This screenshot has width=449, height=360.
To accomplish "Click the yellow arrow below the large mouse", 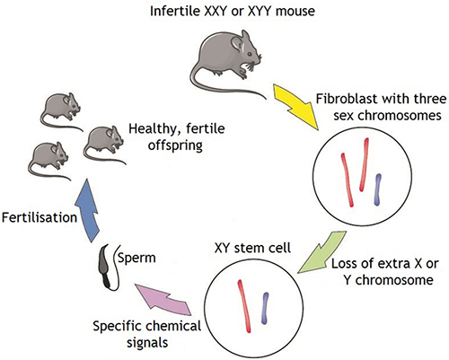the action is click(295, 107).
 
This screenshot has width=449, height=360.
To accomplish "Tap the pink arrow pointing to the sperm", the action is click(164, 299).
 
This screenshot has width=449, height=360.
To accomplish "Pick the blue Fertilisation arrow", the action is click(87, 211).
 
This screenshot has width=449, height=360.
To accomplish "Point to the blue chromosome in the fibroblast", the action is click(378, 189).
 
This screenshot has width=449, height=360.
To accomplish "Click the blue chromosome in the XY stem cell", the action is click(265, 308).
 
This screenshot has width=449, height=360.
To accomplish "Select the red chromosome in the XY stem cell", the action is click(244, 306).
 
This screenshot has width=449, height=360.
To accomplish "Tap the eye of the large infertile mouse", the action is click(250, 54).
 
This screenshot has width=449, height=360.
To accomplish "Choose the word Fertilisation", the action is click(40, 217).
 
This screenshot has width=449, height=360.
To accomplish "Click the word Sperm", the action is click(136, 258).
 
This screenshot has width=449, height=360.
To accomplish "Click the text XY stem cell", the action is click(252, 248).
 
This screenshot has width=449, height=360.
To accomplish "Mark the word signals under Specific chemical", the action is click(147, 342).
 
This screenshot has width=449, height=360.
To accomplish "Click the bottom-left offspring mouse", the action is click(48, 161).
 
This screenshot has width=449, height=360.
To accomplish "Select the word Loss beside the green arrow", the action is click(344, 264).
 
